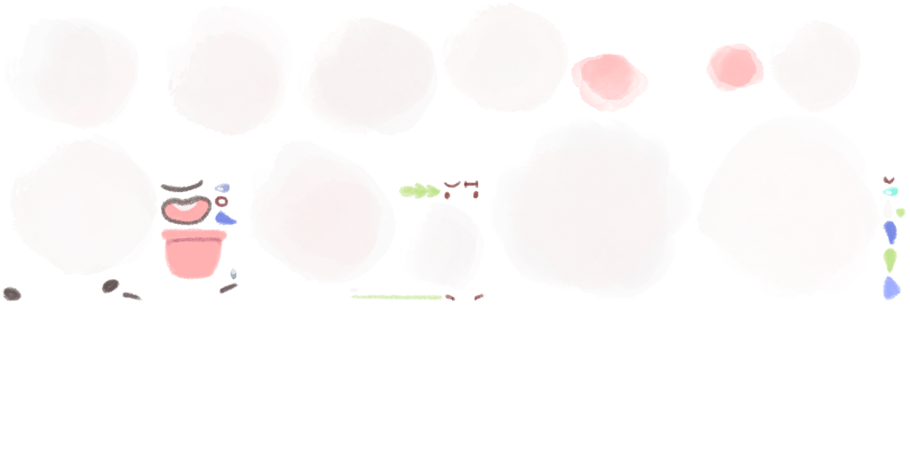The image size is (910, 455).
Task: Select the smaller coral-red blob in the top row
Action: tap(735, 67)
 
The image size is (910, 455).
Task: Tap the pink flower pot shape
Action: tap(191, 253)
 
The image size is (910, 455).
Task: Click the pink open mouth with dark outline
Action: tap(186, 210)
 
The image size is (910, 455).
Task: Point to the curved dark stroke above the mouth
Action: tap(182, 188)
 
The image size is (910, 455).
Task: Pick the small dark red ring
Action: tap(221, 202)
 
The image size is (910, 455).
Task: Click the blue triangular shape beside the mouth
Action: tap(225, 218)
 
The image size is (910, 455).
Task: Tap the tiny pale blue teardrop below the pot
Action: tap(233, 272)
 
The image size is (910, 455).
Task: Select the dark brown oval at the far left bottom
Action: tap(12, 293)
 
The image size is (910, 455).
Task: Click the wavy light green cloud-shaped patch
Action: tap(419, 190)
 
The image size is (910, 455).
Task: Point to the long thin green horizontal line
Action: tap(396, 297)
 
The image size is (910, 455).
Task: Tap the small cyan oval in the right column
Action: tap(890, 191)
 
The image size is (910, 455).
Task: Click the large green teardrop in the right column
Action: tap(890, 259)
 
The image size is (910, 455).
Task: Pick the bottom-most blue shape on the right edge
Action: tap(890, 288)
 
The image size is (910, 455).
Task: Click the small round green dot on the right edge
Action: tap(900, 212)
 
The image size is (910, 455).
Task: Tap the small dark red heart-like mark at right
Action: tap(889, 180)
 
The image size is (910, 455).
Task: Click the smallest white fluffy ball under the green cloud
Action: tap(442, 244)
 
